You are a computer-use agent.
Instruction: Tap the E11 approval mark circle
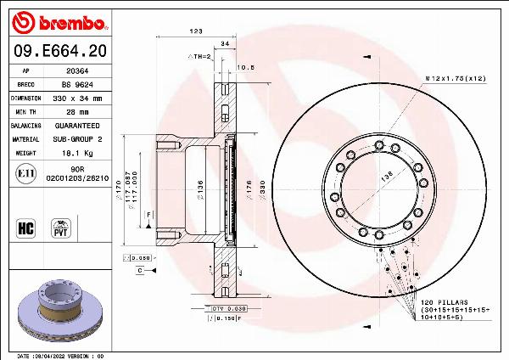coord(25,174)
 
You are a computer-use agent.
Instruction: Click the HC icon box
coord(25,228)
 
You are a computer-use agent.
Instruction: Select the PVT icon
coord(61,228)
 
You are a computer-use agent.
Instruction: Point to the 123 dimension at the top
coord(196,31)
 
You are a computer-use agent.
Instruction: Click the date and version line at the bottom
coord(61,356)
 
